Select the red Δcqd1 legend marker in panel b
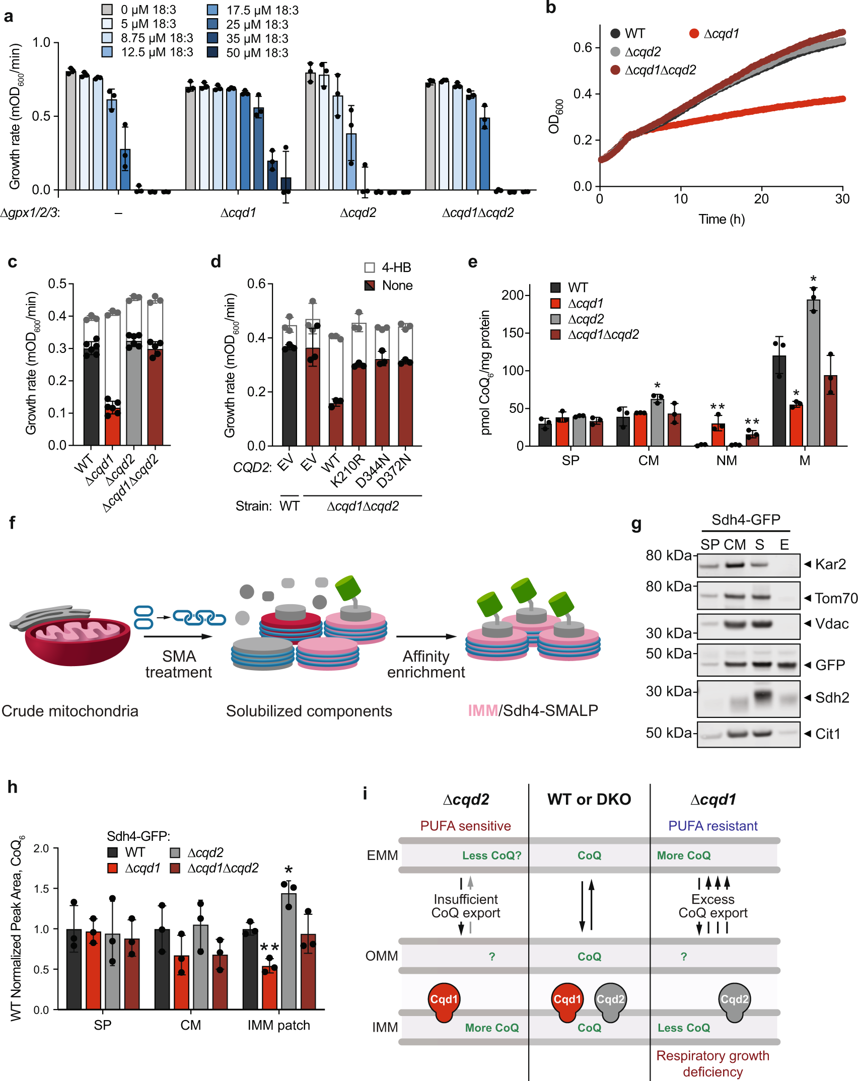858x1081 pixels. pos(694,34)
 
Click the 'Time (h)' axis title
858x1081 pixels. pos(721,220)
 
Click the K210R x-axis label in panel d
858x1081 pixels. pos(347,471)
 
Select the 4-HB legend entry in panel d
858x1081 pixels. pos(388,267)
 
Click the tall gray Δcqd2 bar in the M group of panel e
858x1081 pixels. pos(813,373)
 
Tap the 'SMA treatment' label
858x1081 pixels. pos(179,664)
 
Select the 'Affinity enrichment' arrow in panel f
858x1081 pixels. pos(426,636)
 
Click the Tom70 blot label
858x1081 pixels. pos(835,598)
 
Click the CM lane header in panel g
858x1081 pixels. pos(735,545)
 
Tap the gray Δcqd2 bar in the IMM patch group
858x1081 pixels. pos(289,952)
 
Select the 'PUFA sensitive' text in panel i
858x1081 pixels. pos(465,826)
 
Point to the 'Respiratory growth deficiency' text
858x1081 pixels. pos(712,1063)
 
